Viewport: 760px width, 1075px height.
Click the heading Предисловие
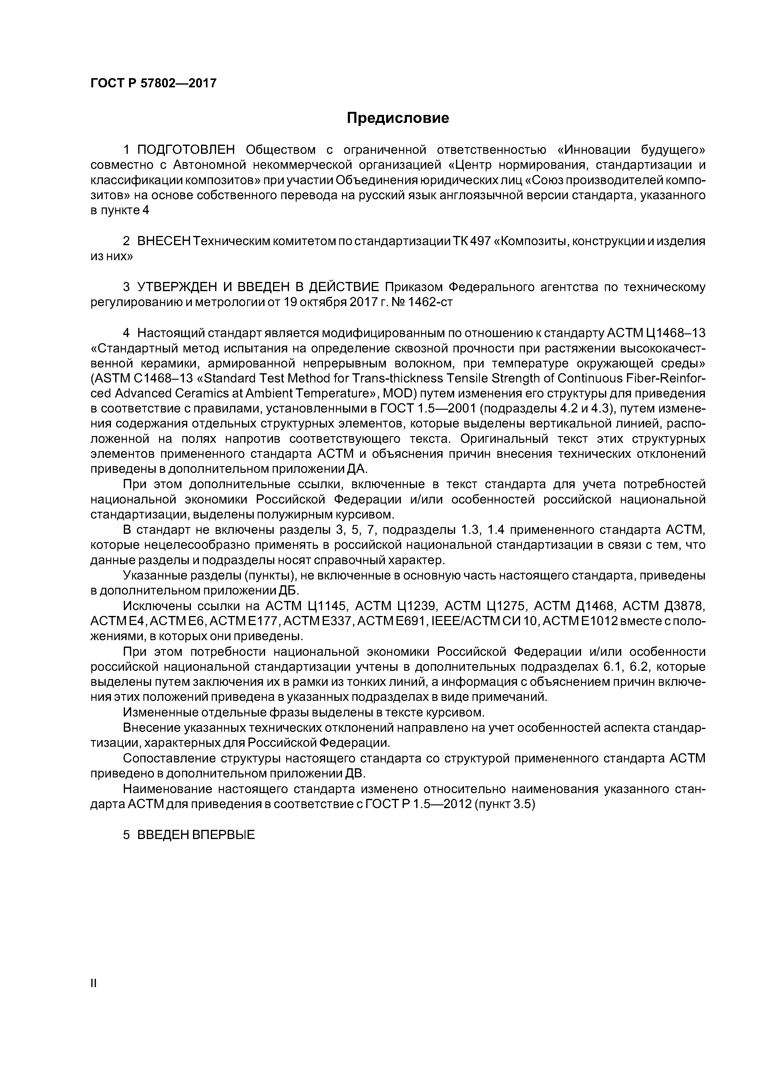(x=397, y=118)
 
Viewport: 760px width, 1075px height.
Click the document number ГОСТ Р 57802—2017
(x=154, y=83)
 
